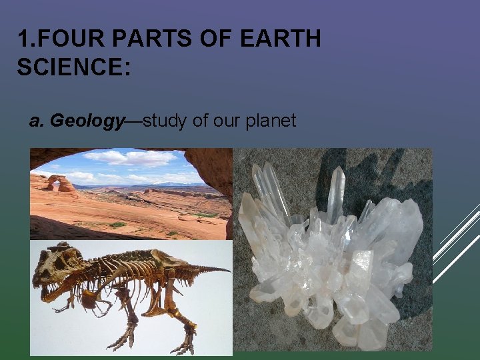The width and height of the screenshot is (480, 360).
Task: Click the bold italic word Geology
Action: tap(87, 121)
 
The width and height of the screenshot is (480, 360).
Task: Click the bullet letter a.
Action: tap(37, 121)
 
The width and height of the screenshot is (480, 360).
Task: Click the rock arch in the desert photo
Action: tap(60, 183)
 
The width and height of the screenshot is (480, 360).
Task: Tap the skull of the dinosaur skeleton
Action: tap(53, 270)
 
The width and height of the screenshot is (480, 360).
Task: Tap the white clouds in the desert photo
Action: tap(130, 159)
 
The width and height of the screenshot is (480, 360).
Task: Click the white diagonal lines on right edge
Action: tap(460, 240)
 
